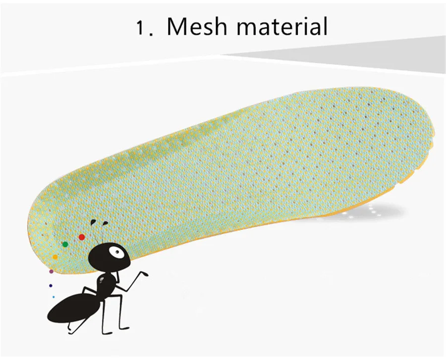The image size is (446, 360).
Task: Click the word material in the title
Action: coord(281,26)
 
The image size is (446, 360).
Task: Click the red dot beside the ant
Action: coord(82,237)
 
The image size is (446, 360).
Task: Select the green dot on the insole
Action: coord(65,244)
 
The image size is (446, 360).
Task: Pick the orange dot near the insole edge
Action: coord(55,257)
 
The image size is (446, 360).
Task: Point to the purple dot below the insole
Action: coord(51,271)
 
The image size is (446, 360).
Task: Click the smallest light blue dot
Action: coord(54,297)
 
